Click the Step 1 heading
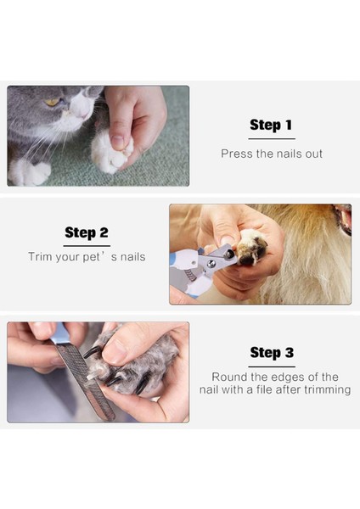(x=271, y=125)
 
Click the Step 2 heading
(x=87, y=232)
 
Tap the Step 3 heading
(x=272, y=353)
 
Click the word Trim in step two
(x=40, y=257)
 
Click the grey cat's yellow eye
(x=52, y=102)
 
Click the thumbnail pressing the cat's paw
(x=117, y=142)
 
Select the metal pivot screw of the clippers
(x=211, y=264)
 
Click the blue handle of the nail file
(x=61, y=333)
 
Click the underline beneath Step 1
(x=272, y=139)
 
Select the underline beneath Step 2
(x=87, y=246)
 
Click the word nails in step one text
(x=290, y=154)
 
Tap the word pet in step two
(x=92, y=257)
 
